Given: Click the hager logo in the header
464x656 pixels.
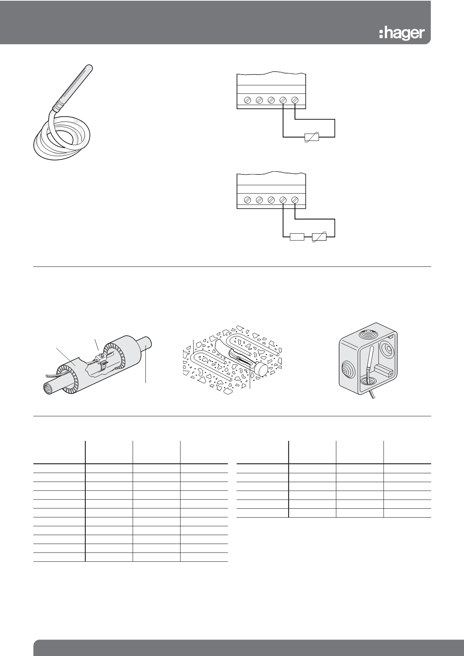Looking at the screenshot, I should tap(402, 33).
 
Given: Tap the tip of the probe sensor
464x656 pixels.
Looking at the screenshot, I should tap(89, 66).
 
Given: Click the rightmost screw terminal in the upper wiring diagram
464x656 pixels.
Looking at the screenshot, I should tap(295, 101).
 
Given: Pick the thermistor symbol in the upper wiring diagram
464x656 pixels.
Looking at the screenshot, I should tap(311, 137).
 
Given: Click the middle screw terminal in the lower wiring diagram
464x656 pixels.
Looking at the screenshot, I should tap(271, 200).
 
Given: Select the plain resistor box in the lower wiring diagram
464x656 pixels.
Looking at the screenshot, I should tap(297, 237).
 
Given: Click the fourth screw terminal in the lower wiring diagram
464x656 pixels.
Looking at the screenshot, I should tap(283, 200).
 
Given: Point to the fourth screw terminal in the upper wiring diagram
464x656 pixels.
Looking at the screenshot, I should tap(283, 101).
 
